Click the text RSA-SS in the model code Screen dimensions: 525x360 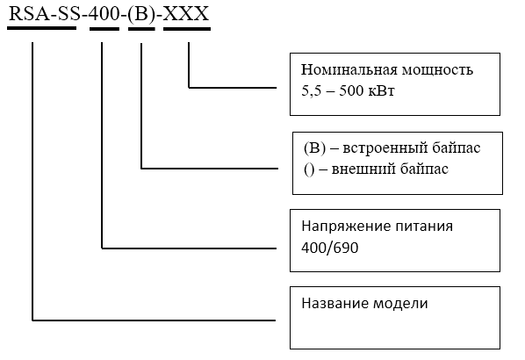coord(42,14)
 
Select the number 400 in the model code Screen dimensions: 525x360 coord(104,14)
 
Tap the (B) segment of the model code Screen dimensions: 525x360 coord(141,15)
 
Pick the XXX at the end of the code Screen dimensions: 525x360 coord(186,14)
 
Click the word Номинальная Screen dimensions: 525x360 coord(349,69)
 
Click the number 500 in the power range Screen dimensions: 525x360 coord(351,90)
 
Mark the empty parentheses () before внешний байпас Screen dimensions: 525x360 coord(309,169)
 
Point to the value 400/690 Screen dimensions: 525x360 coord(330,248)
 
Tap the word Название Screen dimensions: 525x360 coord(334,303)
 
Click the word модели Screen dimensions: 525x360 coord(400,304)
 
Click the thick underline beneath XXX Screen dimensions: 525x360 coord(187,29)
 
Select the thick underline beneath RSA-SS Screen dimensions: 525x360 coord(42,28)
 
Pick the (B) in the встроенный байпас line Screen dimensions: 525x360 coord(314,148)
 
